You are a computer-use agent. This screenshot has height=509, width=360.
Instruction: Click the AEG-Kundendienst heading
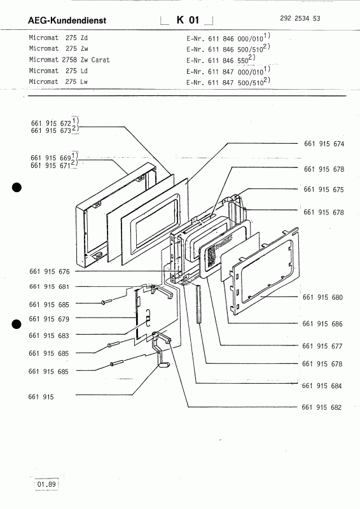67,20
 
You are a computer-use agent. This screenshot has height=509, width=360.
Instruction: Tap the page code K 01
188,20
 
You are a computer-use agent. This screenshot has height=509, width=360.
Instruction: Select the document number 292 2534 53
300,18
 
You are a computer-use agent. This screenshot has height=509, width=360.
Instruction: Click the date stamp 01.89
46,484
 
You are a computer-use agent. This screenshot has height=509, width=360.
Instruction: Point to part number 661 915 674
324,144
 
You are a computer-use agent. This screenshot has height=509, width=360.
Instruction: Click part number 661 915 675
324,189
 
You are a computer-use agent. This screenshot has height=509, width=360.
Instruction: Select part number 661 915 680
322,297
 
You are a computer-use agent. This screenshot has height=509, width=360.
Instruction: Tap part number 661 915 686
322,324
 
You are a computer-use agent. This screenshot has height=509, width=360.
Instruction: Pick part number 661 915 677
322,346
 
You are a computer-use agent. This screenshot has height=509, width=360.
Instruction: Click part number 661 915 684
322,386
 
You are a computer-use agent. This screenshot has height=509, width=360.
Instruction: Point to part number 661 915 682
322,407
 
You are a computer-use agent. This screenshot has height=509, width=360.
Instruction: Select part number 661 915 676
50,272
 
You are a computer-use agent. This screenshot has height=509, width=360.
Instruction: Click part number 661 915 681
49,287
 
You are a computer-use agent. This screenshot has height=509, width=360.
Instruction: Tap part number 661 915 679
49,319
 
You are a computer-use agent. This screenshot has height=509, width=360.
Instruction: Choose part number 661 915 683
49,335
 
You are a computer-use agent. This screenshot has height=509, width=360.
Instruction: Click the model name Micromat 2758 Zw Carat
69,60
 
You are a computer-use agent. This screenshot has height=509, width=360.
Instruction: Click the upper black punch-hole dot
17,188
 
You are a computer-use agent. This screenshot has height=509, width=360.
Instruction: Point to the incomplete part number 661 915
41,396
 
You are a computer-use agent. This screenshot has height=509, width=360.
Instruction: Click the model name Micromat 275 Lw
59,81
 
